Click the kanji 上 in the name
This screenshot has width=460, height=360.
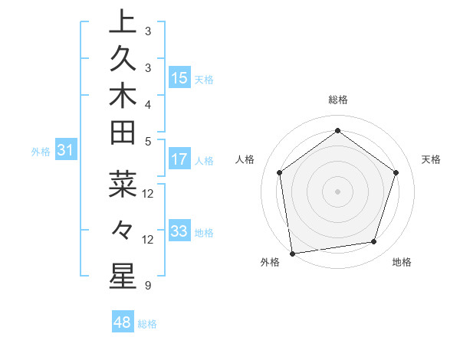pyautogui.click(x=123, y=22)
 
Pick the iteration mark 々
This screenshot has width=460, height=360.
pyautogui.click(x=123, y=229)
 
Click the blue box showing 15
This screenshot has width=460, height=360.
pyautogui.click(x=179, y=78)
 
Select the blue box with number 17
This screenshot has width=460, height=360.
pyautogui.click(x=179, y=159)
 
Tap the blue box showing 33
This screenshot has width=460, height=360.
pyautogui.click(x=179, y=231)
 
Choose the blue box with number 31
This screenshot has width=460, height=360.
pyautogui.click(x=66, y=151)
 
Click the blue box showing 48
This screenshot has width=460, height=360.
pyautogui.click(x=123, y=322)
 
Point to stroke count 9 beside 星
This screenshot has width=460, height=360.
pyautogui.click(x=147, y=286)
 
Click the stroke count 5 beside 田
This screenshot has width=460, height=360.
pyautogui.click(x=147, y=141)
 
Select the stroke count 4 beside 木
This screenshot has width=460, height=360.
pyautogui.click(x=147, y=103)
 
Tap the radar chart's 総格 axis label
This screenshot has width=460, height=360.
pyautogui.click(x=337, y=100)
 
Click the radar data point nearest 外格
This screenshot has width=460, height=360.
pyautogui.click(x=291, y=253)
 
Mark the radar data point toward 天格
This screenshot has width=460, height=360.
pyautogui.click(x=396, y=172)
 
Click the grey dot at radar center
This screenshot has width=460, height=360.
pyautogui.click(x=337, y=191)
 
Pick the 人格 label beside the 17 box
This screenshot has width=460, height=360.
pyautogui.click(x=205, y=161)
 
